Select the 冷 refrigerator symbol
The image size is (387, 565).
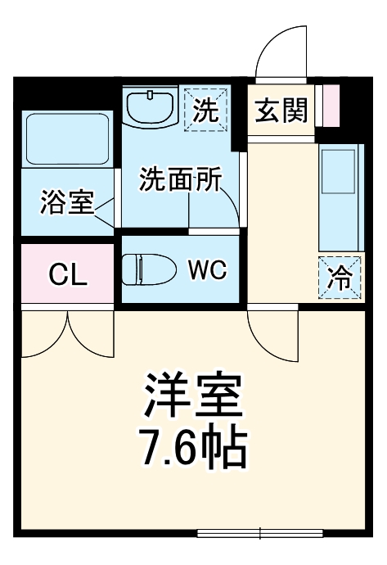[339, 278]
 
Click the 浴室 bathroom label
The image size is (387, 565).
[68, 202]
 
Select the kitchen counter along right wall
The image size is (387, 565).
[339, 197]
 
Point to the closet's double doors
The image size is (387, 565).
[68, 336]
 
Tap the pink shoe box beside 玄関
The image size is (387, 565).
[330, 105]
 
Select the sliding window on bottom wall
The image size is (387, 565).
[260, 533]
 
